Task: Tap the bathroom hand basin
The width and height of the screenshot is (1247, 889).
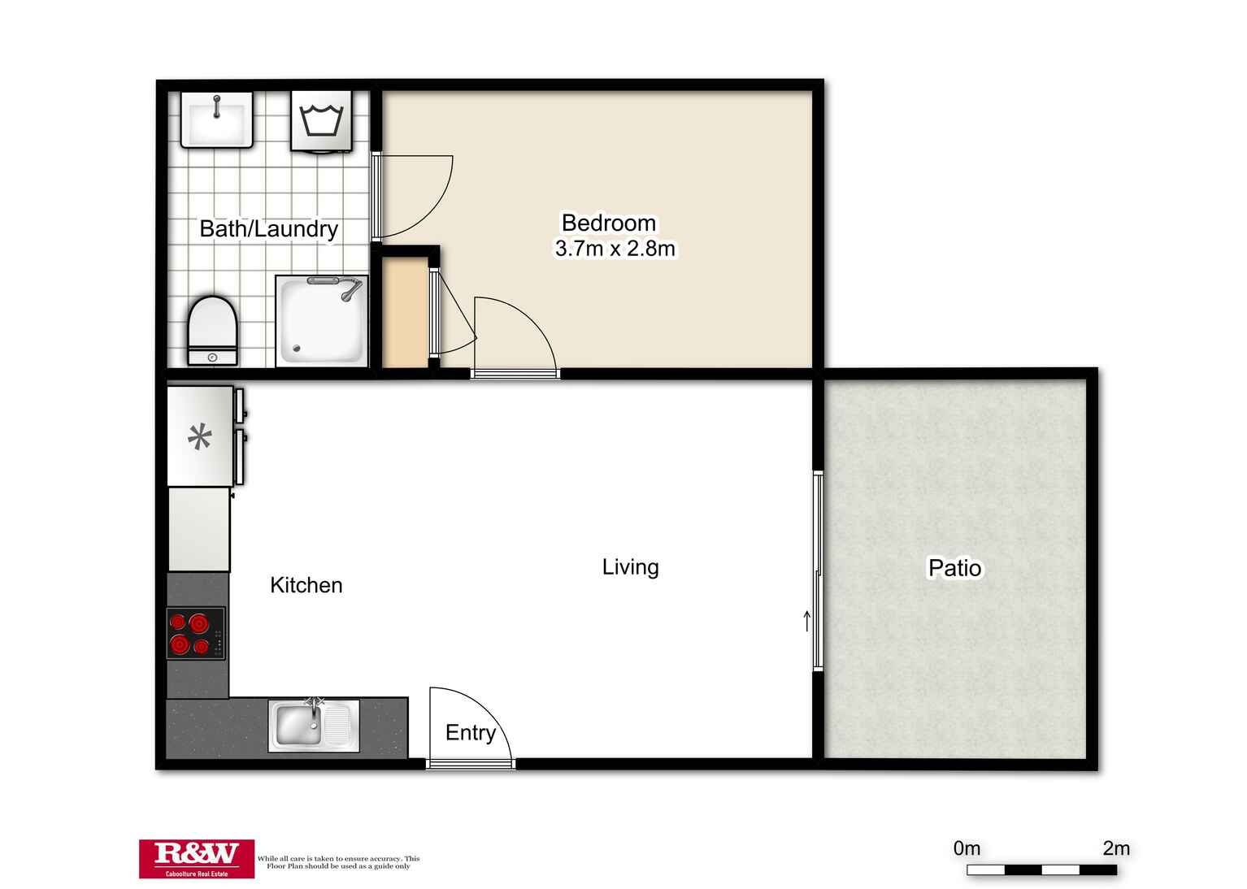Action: point(216,119)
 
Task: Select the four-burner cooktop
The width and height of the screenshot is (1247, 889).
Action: point(196,634)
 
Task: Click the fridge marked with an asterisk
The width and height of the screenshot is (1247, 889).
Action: point(200,437)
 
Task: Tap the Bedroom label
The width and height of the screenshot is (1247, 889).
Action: point(608,223)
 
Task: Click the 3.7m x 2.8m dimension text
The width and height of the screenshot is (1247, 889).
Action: point(615,249)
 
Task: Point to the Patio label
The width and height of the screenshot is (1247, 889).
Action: point(954,568)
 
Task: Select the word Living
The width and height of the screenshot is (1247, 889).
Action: point(630,567)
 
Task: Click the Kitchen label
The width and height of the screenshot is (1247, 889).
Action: point(306,585)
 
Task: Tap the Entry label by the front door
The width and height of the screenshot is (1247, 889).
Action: point(470,733)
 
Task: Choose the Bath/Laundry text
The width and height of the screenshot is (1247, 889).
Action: point(268,229)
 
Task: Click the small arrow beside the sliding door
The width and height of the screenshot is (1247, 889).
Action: point(806,621)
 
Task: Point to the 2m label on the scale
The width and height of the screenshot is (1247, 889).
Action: point(1115,848)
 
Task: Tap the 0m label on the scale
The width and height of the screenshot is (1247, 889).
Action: point(967,848)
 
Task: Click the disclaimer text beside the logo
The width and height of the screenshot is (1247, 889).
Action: point(338,862)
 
